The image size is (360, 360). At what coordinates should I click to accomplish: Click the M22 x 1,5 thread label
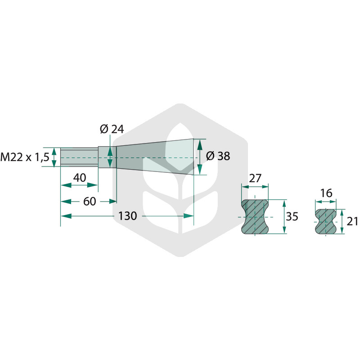[x=25, y=157]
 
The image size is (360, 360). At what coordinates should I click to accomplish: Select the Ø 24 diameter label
[x=112, y=129]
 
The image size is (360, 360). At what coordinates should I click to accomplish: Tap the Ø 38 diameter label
[x=218, y=156]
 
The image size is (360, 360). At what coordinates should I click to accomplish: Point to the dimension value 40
[x=80, y=178]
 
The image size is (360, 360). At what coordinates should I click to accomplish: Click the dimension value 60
[x=90, y=202]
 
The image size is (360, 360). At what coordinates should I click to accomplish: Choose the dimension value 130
[x=127, y=216]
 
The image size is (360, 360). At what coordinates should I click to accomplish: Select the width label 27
[x=255, y=178]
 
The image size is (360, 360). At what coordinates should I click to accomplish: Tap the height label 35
[x=292, y=216]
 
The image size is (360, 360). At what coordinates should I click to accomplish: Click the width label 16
[x=326, y=193]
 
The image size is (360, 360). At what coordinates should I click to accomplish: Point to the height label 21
[x=352, y=221]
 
